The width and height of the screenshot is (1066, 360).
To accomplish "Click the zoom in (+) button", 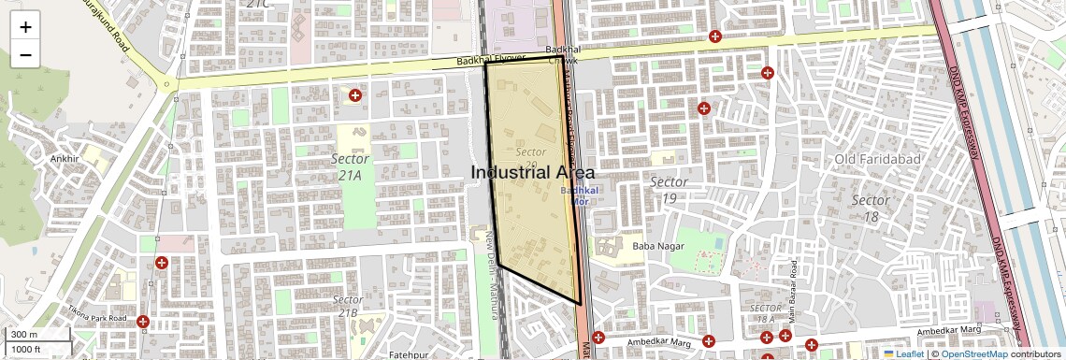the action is click(x=25, y=26).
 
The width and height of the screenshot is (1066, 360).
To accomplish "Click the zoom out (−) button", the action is click(x=25, y=54).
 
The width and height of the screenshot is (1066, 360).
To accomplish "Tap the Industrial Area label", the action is click(x=532, y=173).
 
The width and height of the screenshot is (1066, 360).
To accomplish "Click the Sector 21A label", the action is click(x=350, y=166).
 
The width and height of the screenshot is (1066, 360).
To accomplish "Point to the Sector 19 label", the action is click(x=669, y=189).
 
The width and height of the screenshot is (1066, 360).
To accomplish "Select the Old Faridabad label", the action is click(x=877, y=159).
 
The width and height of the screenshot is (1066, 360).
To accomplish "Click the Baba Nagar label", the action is click(x=658, y=246).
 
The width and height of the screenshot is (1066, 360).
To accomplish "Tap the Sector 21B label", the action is click(x=348, y=306).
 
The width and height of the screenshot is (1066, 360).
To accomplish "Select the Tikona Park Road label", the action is click(x=96, y=314).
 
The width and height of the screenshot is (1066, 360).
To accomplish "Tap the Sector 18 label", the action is click(x=870, y=209).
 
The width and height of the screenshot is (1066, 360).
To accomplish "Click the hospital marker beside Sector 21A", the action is click(x=355, y=95).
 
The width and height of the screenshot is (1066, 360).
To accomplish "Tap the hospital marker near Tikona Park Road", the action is click(x=143, y=322).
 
